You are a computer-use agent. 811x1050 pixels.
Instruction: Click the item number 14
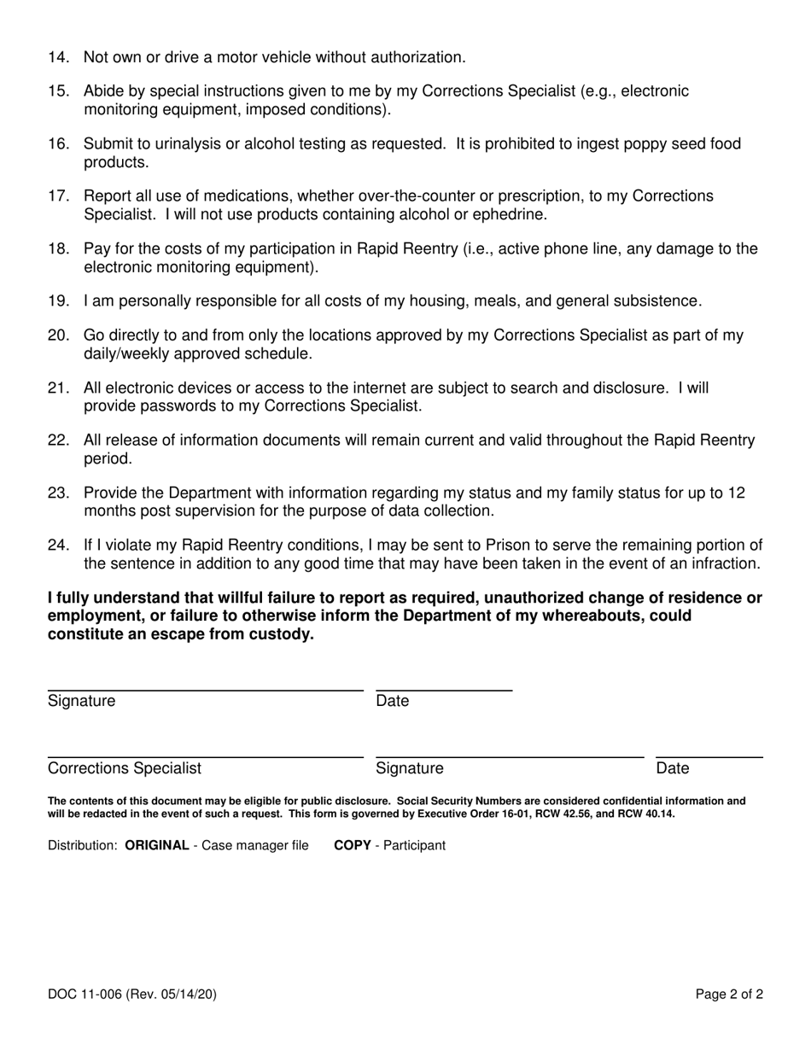[x=58, y=58]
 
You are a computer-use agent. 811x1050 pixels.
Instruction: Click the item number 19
[x=58, y=300]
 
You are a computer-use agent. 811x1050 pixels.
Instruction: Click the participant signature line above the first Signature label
[x=205, y=689]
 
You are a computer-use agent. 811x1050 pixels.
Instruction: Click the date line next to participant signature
[x=444, y=689]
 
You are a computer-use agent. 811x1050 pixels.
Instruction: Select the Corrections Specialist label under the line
[x=125, y=768]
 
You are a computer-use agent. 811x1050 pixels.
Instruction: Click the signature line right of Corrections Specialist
[x=510, y=756]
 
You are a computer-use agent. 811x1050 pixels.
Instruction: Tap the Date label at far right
[x=673, y=768]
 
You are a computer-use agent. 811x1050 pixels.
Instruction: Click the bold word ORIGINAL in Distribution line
[x=157, y=846]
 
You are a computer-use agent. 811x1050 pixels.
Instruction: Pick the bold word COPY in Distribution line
[x=352, y=846]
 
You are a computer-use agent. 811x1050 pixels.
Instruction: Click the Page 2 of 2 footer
[x=729, y=994]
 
